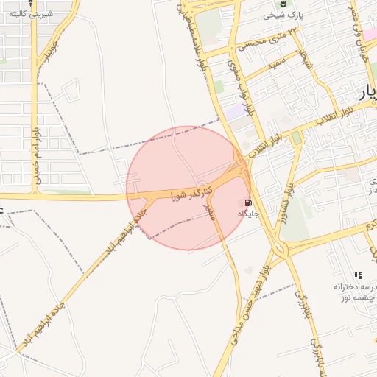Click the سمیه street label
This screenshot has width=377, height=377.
click(276, 65)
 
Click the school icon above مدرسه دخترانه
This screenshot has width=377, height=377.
click(359, 275)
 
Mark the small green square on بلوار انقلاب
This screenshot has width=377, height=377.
click(296, 138)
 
